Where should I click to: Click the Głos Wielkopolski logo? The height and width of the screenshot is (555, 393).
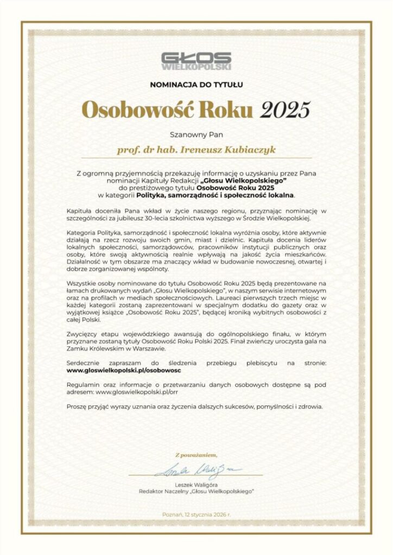(196, 61)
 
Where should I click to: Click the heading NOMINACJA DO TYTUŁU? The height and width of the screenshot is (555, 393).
(196, 85)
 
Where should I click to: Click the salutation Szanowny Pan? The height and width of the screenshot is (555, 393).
(196, 132)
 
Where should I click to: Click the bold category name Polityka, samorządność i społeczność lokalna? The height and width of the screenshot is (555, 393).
(215, 194)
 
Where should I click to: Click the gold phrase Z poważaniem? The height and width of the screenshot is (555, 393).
(196, 454)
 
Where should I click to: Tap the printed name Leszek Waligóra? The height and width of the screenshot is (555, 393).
(196, 484)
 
